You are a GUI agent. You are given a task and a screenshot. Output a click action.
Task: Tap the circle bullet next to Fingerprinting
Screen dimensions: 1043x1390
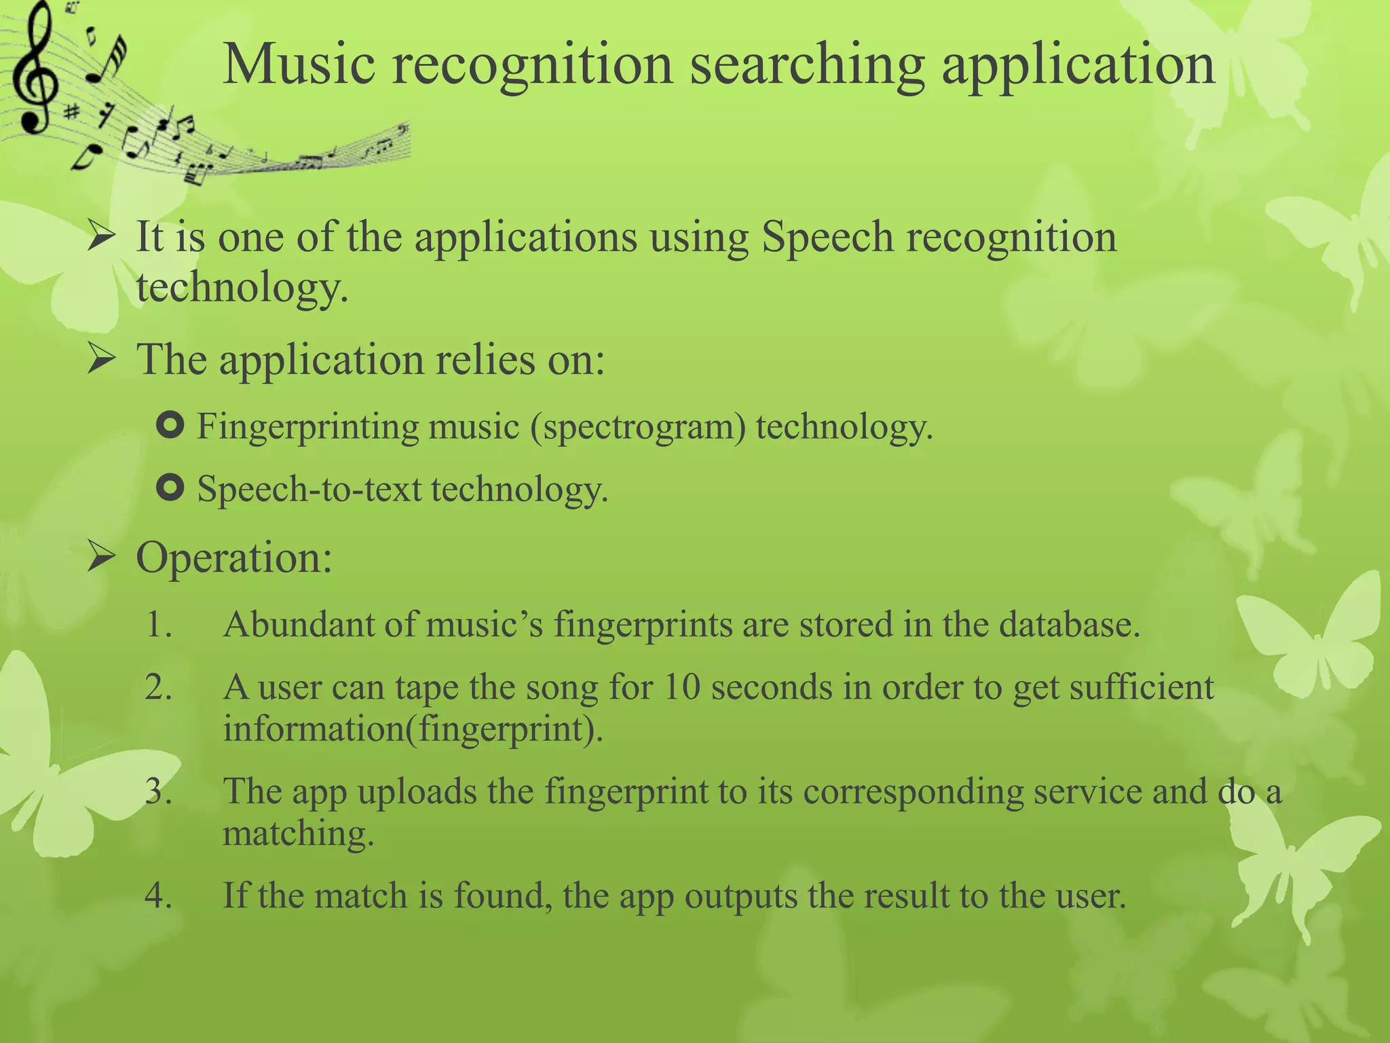(170, 426)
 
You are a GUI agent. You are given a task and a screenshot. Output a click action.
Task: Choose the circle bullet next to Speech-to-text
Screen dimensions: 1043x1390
(170, 488)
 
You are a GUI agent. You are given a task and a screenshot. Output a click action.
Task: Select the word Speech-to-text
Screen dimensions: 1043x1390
(309, 489)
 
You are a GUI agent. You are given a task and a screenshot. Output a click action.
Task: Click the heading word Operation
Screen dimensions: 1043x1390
(233, 559)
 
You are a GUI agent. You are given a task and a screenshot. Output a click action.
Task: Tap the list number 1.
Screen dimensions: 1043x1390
(158, 625)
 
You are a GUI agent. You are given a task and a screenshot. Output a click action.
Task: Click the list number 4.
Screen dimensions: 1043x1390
(158, 896)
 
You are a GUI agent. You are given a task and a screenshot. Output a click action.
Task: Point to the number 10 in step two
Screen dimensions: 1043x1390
(681, 687)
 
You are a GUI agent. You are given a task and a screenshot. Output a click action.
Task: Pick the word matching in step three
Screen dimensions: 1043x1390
(298, 835)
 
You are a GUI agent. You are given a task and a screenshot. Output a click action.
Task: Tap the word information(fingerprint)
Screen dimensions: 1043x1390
(413, 729)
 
